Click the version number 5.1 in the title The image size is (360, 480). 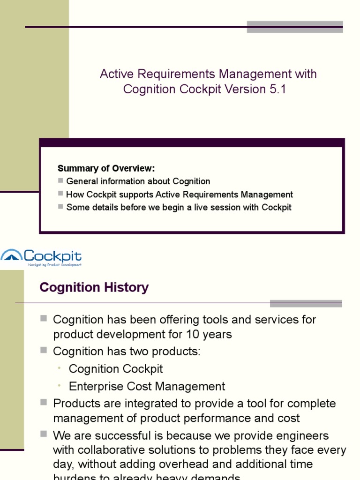(277, 90)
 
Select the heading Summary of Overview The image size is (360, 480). (106, 168)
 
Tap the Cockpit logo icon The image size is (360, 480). (11, 256)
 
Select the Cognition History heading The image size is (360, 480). (94, 287)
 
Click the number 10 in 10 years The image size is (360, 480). (189, 335)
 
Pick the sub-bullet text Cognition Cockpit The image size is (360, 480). (116, 369)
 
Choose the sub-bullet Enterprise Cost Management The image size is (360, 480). (147, 387)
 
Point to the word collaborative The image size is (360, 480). (116, 450)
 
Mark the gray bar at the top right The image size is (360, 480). (294, 27)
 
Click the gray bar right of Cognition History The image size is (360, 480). (306, 303)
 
